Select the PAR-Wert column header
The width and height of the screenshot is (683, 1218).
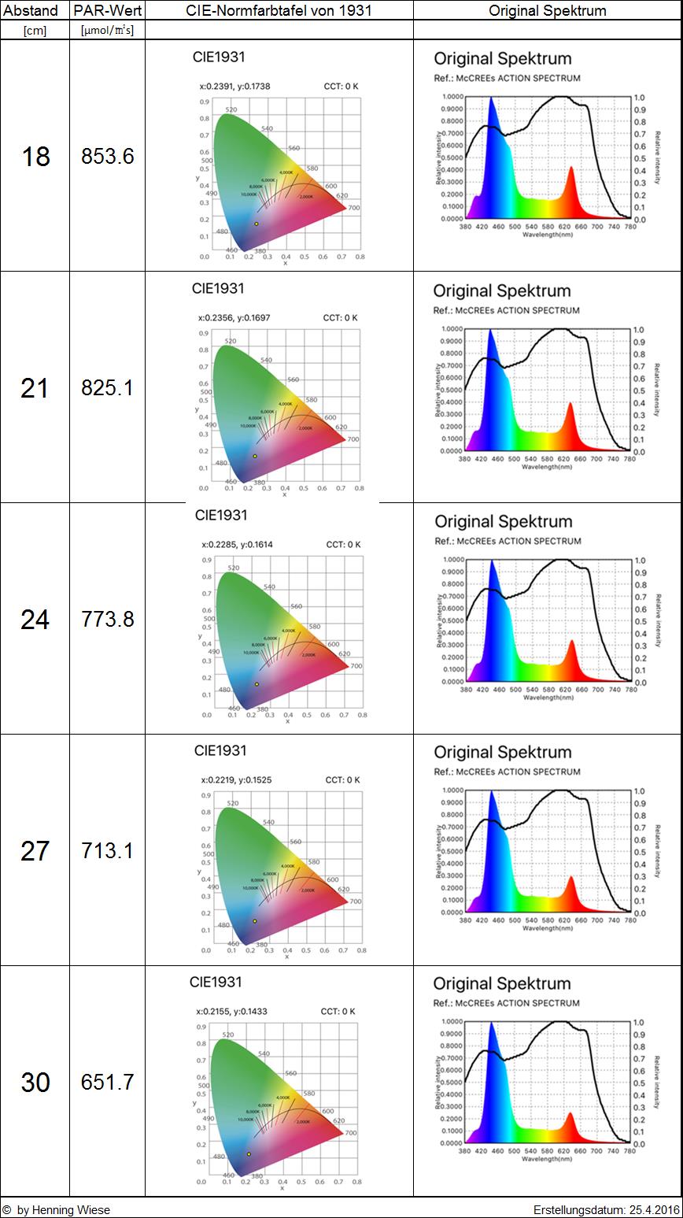click(107, 10)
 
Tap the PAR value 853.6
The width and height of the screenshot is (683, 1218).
click(107, 157)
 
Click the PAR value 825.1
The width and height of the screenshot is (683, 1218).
click(107, 388)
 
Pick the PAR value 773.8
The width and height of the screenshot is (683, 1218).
click(107, 620)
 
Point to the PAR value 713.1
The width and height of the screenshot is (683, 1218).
click(107, 851)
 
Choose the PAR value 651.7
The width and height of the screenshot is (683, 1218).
click(107, 1083)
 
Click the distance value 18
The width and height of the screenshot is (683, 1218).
click(35, 157)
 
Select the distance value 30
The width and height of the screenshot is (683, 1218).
click(35, 1083)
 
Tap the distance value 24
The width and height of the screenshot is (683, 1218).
click(35, 620)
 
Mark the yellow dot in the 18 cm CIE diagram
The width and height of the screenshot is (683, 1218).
click(257, 224)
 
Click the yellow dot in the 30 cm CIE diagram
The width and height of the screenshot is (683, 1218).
click(249, 1154)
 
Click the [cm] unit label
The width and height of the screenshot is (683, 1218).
click(35, 30)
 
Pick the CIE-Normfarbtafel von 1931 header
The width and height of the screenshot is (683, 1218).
click(279, 10)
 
